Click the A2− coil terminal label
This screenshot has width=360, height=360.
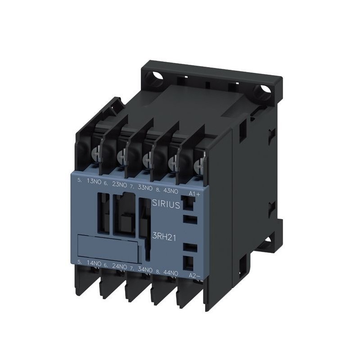click(x=193, y=274)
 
